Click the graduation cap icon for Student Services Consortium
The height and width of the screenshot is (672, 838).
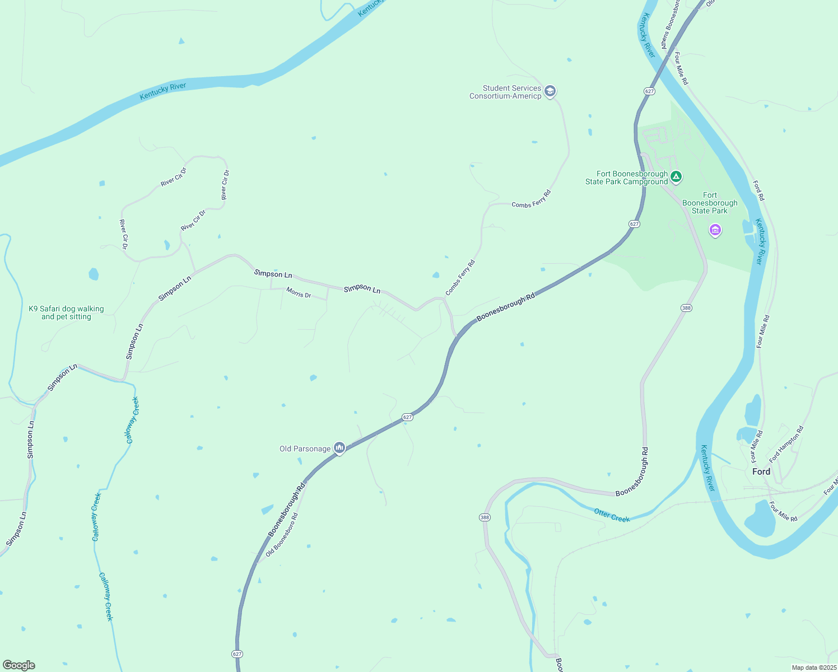click(550, 91)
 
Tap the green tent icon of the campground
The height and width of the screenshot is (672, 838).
click(676, 178)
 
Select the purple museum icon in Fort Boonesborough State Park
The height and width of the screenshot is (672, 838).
click(715, 230)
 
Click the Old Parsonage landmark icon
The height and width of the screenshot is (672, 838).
click(339, 448)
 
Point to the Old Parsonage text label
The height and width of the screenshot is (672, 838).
click(305, 449)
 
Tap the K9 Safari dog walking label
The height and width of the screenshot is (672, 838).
click(66, 312)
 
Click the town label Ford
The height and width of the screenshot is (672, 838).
click(761, 472)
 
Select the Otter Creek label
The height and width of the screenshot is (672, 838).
click(612, 515)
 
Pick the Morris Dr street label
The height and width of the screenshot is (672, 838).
click(299, 292)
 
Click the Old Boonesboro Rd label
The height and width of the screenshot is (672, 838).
click(282, 534)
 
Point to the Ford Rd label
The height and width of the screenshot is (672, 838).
click(758, 190)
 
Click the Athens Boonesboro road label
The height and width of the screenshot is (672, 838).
click(671, 25)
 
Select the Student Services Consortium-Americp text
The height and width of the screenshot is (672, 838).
click(505, 92)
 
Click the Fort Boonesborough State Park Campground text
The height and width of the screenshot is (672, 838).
click(626, 178)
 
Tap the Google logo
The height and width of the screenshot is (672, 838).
click(19, 665)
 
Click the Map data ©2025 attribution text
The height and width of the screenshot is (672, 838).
click(813, 668)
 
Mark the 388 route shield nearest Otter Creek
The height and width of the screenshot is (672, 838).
click(485, 517)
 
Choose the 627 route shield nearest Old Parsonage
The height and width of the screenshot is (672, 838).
click(407, 417)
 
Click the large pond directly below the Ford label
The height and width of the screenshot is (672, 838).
click(761, 518)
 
